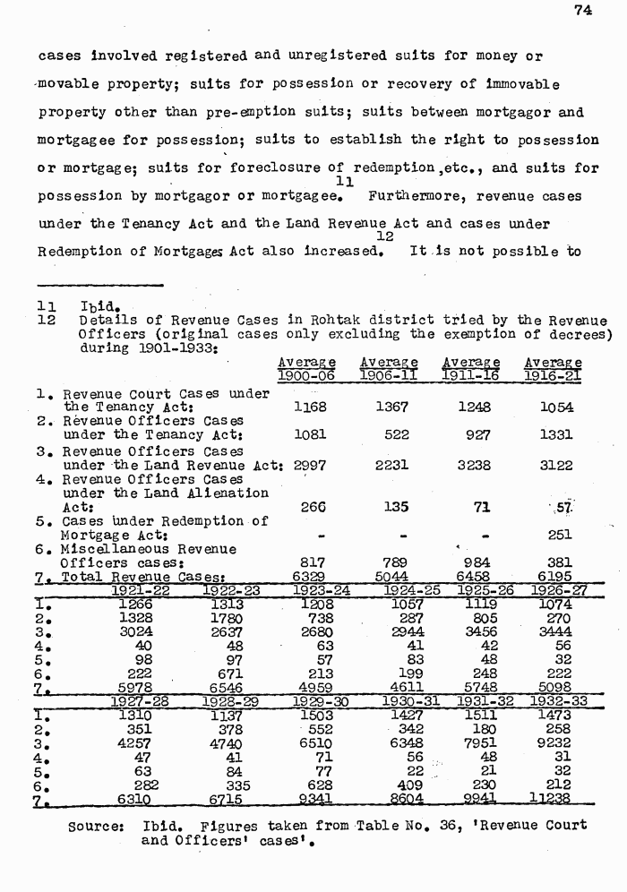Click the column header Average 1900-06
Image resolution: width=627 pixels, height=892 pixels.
tap(305, 369)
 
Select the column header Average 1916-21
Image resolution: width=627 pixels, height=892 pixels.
tap(553, 369)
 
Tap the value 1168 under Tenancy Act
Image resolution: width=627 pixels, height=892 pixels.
tap(310, 407)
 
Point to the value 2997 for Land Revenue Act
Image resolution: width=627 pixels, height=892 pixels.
tap(310, 465)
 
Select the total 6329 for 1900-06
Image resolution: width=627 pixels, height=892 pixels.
tap(310, 577)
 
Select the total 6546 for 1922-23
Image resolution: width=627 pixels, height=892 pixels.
tap(223, 688)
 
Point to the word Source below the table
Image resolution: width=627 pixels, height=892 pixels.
tap(96, 825)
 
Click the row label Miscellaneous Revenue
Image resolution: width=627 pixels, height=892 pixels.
tap(149, 549)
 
